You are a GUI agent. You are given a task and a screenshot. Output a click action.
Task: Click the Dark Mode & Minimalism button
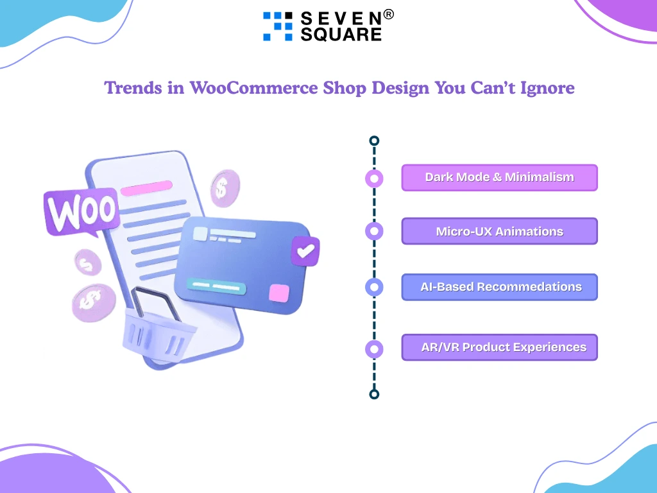(x=499, y=178)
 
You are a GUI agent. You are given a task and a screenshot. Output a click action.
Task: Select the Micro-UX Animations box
(x=499, y=231)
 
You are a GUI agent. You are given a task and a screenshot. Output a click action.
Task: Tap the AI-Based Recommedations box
(x=499, y=287)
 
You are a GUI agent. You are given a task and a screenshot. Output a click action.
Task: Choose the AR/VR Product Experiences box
(x=499, y=347)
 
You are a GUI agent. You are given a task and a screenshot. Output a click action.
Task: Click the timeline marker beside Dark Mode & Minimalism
(x=374, y=179)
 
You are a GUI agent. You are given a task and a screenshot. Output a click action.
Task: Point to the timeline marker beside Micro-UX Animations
(x=374, y=231)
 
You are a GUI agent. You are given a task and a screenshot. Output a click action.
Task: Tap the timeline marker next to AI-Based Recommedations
(x=374, y=287)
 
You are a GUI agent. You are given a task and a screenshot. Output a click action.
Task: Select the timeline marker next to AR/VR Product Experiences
(x=374, y=349)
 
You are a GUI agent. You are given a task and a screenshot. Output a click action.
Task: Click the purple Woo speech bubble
(x=81, y=211)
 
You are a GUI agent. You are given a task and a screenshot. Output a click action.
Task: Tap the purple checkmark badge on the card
(x=305, y=251)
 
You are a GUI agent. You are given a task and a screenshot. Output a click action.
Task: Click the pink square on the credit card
(x=279, y=293)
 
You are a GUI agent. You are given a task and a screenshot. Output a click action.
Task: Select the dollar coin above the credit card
(x=225, y=188)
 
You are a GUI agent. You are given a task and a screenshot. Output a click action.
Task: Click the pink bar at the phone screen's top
(x=147, y=188)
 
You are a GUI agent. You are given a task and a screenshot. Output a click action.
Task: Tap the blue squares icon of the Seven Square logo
(x=277, y=26)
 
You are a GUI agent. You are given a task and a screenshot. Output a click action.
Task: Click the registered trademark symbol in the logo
(x=388, y=15)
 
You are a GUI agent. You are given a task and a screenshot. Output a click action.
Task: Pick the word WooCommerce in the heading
(x=253, y=88)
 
